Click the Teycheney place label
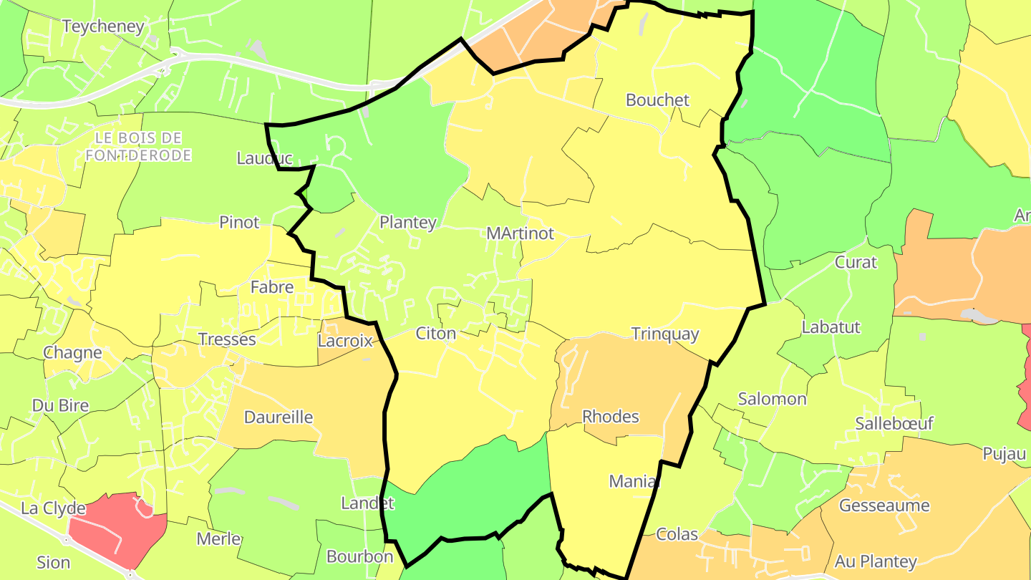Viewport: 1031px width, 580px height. tap(103, 26)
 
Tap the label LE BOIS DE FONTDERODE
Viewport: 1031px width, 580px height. tap(138, 146)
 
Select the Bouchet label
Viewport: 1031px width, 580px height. tap(657, 100)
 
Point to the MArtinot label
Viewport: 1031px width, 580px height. tap(520, 233)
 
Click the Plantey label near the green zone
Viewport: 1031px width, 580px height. tap(407, 223)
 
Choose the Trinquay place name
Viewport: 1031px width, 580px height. tap(664, 334)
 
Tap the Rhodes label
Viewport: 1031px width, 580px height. tap(610, 416)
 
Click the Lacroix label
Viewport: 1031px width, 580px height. tap(345, 341)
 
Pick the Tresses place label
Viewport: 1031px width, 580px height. tap(226, 339)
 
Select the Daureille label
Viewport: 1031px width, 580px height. tap(279, 417)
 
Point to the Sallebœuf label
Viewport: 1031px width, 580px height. tap(894, 423)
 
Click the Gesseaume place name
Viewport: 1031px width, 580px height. tap(884, 506)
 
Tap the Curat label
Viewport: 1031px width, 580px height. tap(856, 262)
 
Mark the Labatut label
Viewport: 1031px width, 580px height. tap(831, 327)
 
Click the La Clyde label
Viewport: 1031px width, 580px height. tap(53, 508)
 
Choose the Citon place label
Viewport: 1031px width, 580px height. tap(435, 334)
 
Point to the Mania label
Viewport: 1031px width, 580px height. tap(633, 481)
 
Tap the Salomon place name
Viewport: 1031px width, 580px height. tap(772, 399)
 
